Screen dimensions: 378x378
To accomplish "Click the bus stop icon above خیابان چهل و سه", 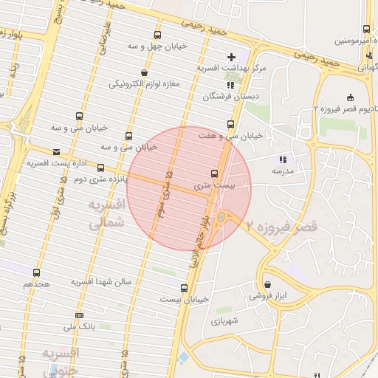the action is point(157,35).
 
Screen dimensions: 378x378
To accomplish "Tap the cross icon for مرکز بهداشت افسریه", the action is point(232,56).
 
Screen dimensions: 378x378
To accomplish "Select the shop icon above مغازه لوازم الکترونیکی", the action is point(143,72).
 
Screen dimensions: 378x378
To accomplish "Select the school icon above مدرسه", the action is point(281,159).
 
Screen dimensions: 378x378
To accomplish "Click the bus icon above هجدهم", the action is point(37,272).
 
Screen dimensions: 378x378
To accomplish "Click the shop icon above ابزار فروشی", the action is point(267,284).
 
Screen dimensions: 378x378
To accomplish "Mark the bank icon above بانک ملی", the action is point(79,315).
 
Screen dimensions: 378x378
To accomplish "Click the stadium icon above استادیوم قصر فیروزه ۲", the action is point(349,98).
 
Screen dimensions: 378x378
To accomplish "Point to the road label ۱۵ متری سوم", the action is point(164,195).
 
